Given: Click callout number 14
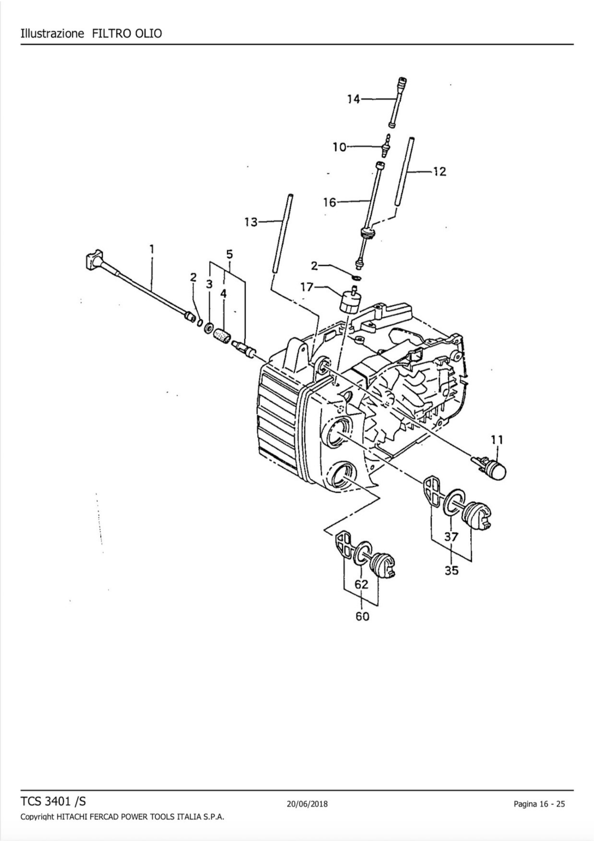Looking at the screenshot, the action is (x=354, y=99).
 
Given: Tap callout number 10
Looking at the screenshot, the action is (x=339, y=147).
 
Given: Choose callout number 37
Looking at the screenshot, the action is (x=451, y=537).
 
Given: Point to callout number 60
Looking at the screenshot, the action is (x=362, y=617).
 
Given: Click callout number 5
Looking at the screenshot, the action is (x=229, y=254).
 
